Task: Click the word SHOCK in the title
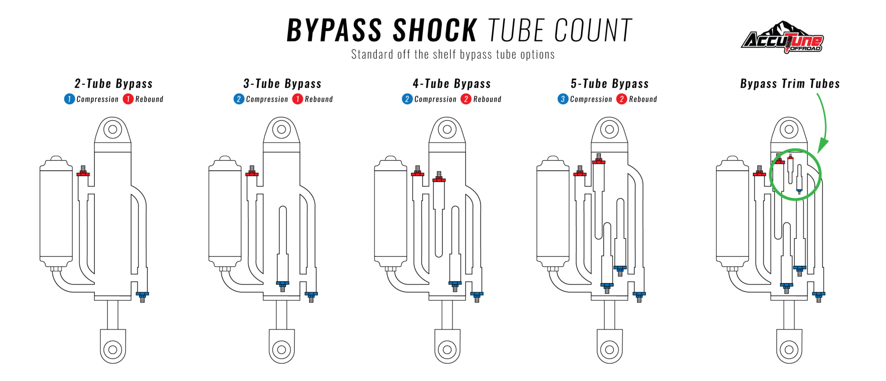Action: (434, 31)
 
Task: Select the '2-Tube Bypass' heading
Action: (113, 84)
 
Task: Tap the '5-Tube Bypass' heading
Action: (609, 84)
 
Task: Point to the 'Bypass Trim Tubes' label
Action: (790, 84)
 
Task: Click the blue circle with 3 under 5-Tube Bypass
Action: (562, 99)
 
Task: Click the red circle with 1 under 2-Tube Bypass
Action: (128, 99)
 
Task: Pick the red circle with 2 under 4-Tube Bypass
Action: (465, 99)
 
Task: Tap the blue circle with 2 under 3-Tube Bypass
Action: (238, 99)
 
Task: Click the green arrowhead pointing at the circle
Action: (822, 146)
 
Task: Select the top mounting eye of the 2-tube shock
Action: (112, 129)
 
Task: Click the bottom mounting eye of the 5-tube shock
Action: (609, 349)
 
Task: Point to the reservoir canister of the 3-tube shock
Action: (225, 212)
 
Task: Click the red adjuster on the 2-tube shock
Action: (83, 172)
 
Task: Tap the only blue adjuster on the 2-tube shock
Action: (142, 296)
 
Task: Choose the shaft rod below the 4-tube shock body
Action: (447, 315)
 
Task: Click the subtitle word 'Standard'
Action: (367, 55)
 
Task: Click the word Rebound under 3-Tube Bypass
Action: (318, 99)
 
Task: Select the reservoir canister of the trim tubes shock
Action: (732, 212)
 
